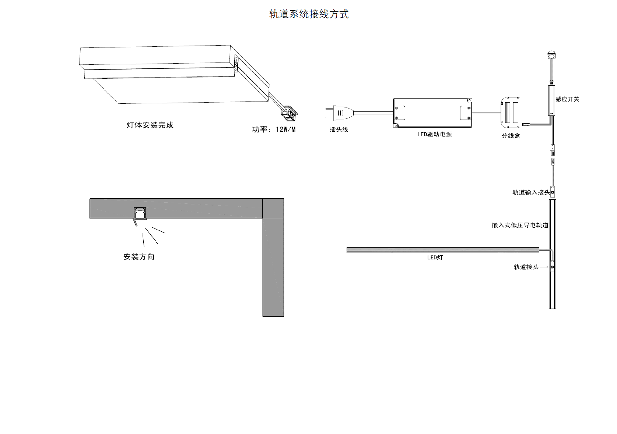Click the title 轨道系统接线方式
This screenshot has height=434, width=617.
tap(309, 14)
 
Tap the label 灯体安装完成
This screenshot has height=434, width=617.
tap(150, 125)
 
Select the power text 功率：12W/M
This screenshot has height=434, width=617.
tap(274, 129)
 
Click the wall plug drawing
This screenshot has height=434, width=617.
tap(339, 113)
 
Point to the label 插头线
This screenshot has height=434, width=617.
tap(339, 129)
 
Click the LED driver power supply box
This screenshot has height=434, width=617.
tap(432, 113)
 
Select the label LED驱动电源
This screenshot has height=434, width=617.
tap(434, 134)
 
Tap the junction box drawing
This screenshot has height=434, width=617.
tap(511, 110)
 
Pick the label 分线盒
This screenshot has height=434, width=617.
tap(511, 136)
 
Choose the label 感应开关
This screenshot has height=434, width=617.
tap(567, 99)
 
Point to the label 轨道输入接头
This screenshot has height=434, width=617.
tap(531, 192)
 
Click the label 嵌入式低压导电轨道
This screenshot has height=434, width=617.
tap(520, 225)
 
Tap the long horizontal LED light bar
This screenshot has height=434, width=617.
tap(442, 250)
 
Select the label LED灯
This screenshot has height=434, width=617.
tap(435, 257)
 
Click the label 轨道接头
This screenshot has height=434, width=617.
tap(526, 267)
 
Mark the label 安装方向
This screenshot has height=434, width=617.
tap(139, 257)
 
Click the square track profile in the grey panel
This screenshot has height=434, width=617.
tap(139, 213)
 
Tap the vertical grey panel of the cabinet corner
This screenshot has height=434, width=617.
tap(273, 265)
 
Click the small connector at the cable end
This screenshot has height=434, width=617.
tap(290, 113)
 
